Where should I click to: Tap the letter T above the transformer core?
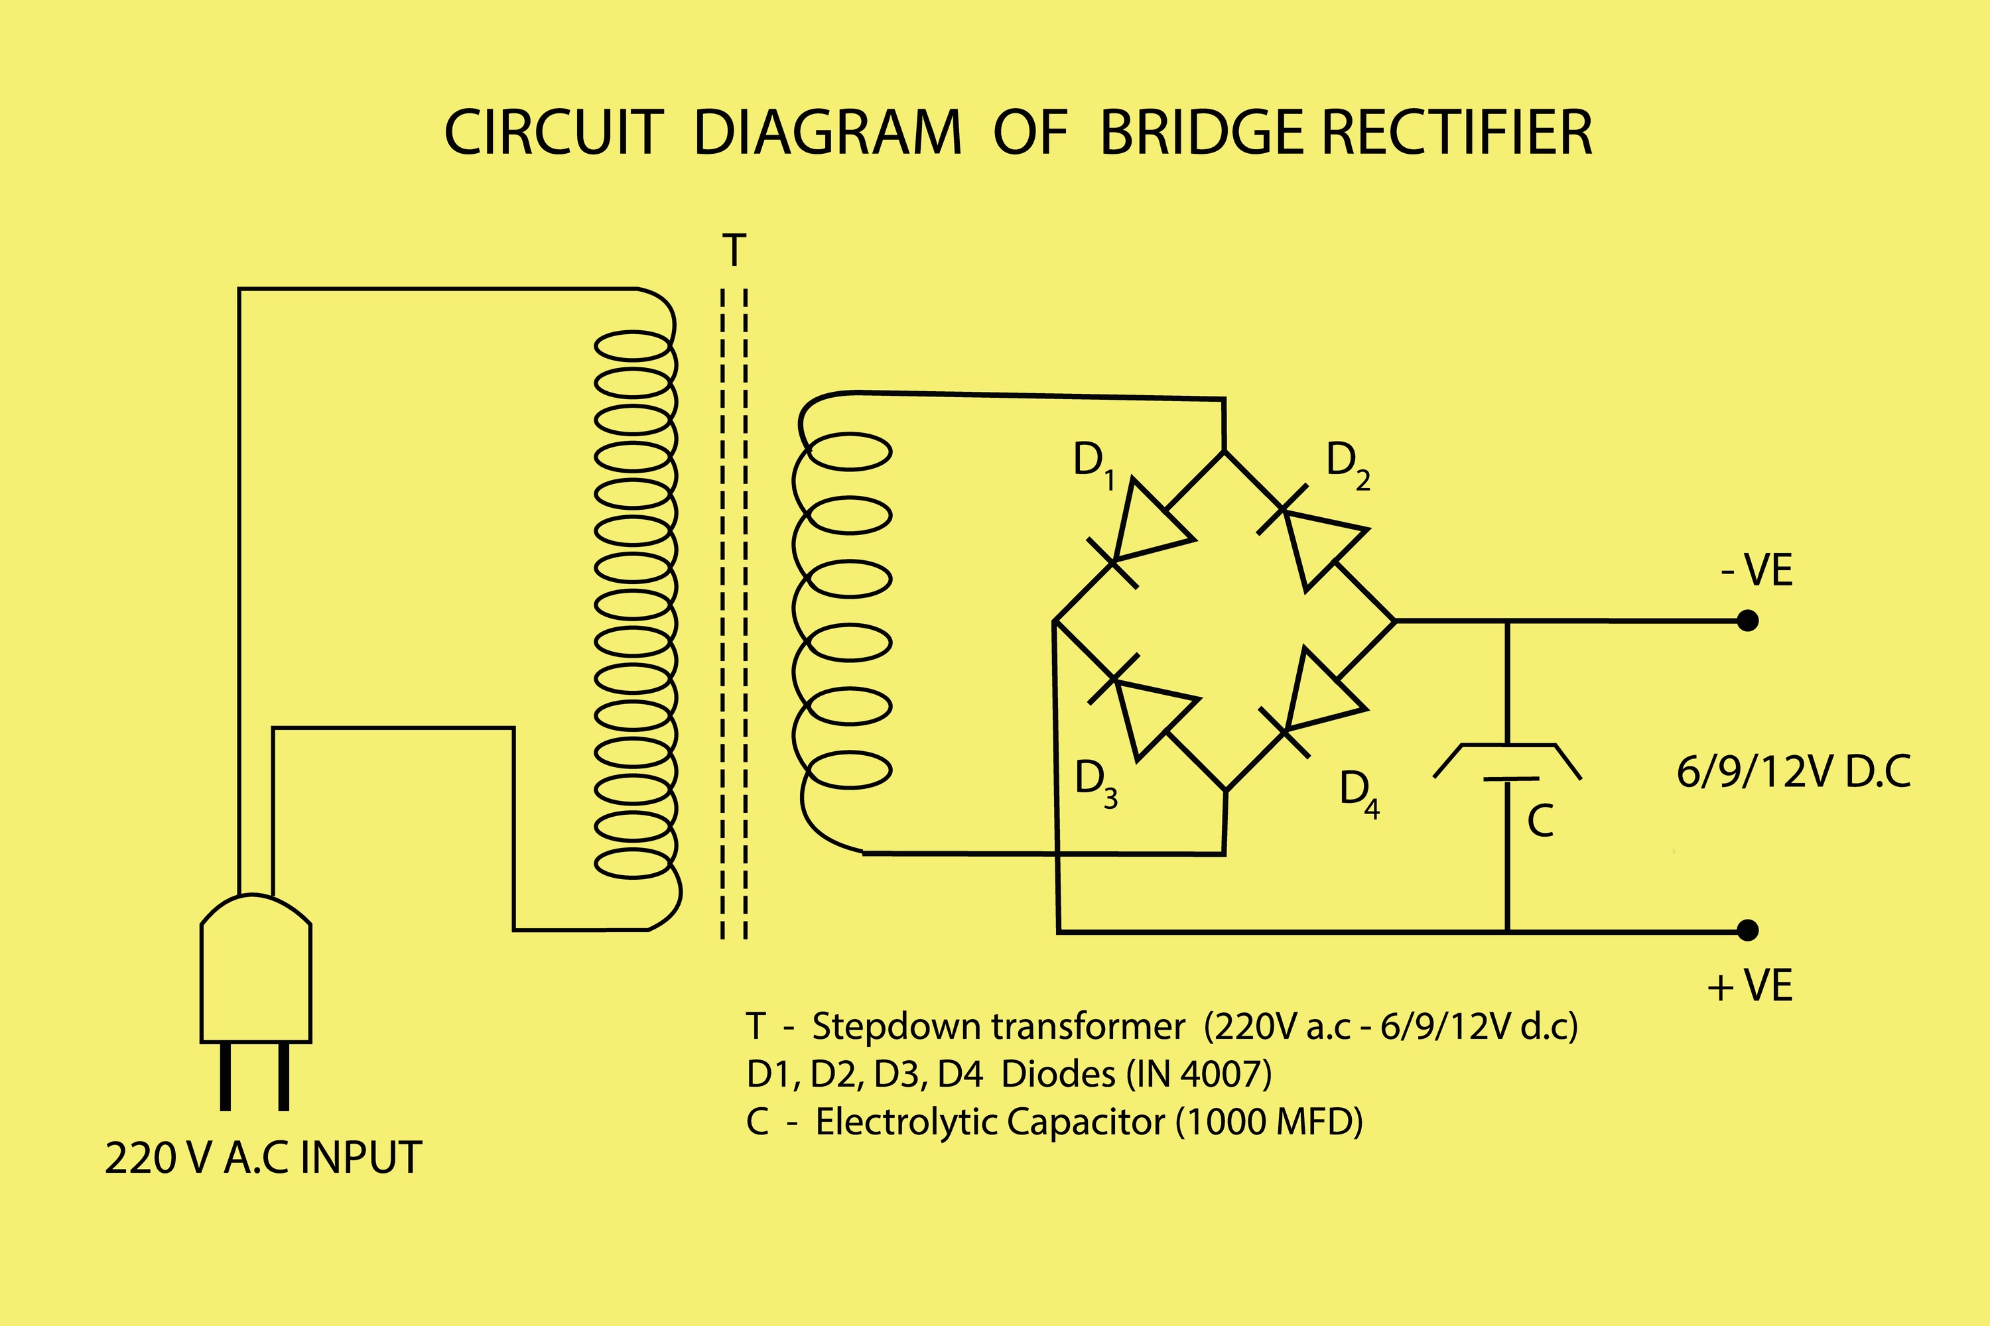click(x=734, y=251)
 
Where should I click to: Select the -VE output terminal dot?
click(x=1747, y=621)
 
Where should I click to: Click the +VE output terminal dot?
click(x=1747, y=931)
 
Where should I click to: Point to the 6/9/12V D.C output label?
click(x=1793, y=772)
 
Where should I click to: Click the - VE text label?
click(x=1757, y=571)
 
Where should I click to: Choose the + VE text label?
click(x=1750, y=986)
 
